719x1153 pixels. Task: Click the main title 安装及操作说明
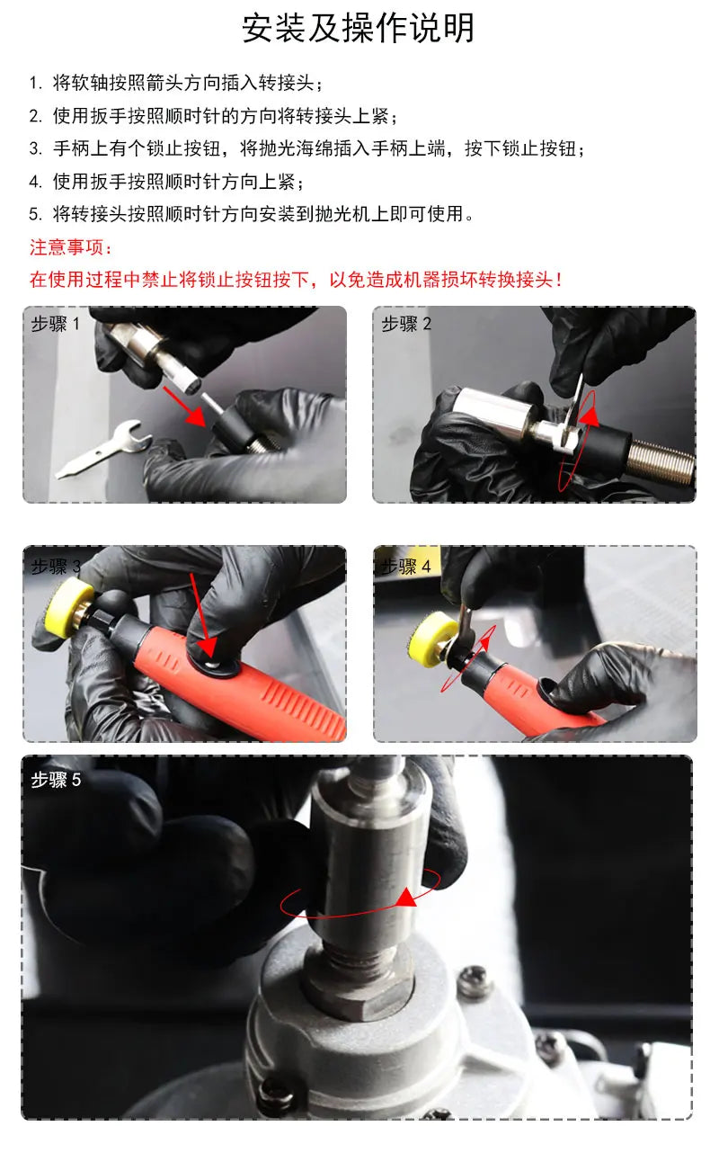pos(358,28)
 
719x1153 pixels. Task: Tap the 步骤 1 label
pos(55,324)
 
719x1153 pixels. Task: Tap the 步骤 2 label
pos(406,324)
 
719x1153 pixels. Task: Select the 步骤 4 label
pos(406,567)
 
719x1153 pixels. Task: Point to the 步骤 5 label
pos(56,780)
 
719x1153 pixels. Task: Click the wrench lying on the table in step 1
pos(104,448)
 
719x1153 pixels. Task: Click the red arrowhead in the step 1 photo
pos(197,416)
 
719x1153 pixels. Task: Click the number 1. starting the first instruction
pos(35,83)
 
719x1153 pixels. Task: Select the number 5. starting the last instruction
pos(35,214)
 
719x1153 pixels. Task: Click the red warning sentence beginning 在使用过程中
pos(295,280)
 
